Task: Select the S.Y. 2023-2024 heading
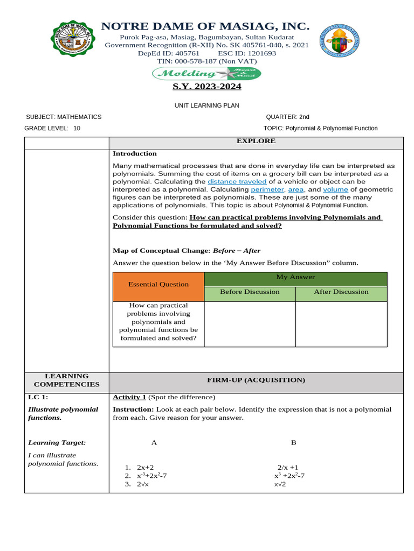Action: [x=206, y=87]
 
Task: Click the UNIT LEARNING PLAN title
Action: [x=206, y=106]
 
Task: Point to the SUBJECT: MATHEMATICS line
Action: [x=64, y=117]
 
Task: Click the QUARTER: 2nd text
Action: [x=287, y=117]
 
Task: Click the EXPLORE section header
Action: [x=256, y=141]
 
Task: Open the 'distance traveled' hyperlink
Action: [x=237, y=182]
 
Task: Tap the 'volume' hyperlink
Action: [x=335, y=189]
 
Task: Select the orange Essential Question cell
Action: [x=158, y=284]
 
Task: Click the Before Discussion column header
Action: [x=250, y=292]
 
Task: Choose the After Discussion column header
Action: [x=341, y=292]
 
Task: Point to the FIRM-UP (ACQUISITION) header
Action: [x=256, y=380]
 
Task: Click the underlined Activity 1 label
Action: [x=129, y=397]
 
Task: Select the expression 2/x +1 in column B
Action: [x=288, y=468]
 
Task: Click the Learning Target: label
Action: [x=57, y=442]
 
